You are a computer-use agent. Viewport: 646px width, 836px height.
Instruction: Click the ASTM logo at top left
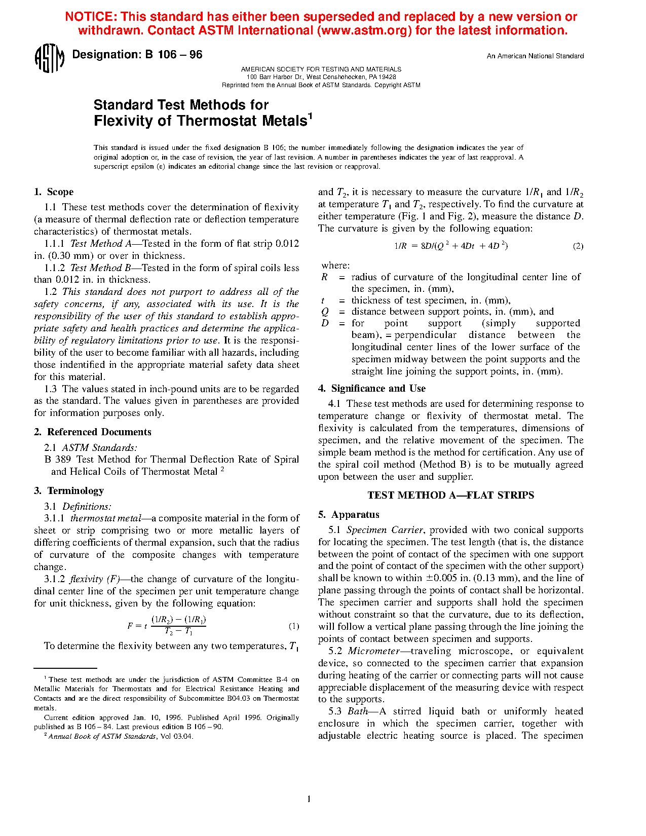click(49, 58)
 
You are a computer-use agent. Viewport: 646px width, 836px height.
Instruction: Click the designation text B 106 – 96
click(173, 55)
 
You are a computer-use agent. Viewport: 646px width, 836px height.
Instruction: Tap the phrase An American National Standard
click(535, 56)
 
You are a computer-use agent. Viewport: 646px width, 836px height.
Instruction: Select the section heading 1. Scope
click(54, 192)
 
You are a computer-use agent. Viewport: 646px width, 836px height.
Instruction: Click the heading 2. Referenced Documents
click(93, 432)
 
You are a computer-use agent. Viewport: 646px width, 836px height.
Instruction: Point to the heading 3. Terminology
click(69, 491)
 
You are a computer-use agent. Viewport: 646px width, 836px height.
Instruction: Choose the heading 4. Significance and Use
click(372, 389)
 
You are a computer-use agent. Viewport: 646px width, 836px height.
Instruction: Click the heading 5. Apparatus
click(349, 515)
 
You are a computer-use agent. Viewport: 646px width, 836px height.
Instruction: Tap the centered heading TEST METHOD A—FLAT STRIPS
click(450, 496)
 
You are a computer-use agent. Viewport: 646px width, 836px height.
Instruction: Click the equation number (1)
click(294, 626)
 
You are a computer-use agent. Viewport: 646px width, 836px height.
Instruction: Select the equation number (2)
click(578, 246)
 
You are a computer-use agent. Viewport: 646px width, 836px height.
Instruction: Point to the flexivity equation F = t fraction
click(167, 626)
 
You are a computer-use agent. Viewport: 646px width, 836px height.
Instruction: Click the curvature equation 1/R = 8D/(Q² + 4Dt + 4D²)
click(451, 246)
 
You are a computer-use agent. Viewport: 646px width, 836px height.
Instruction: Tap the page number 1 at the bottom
click(309, 800)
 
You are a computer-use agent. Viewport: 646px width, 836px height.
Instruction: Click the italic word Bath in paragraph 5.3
click(358, 711)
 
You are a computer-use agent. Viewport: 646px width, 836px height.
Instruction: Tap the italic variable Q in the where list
click(325, 312)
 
